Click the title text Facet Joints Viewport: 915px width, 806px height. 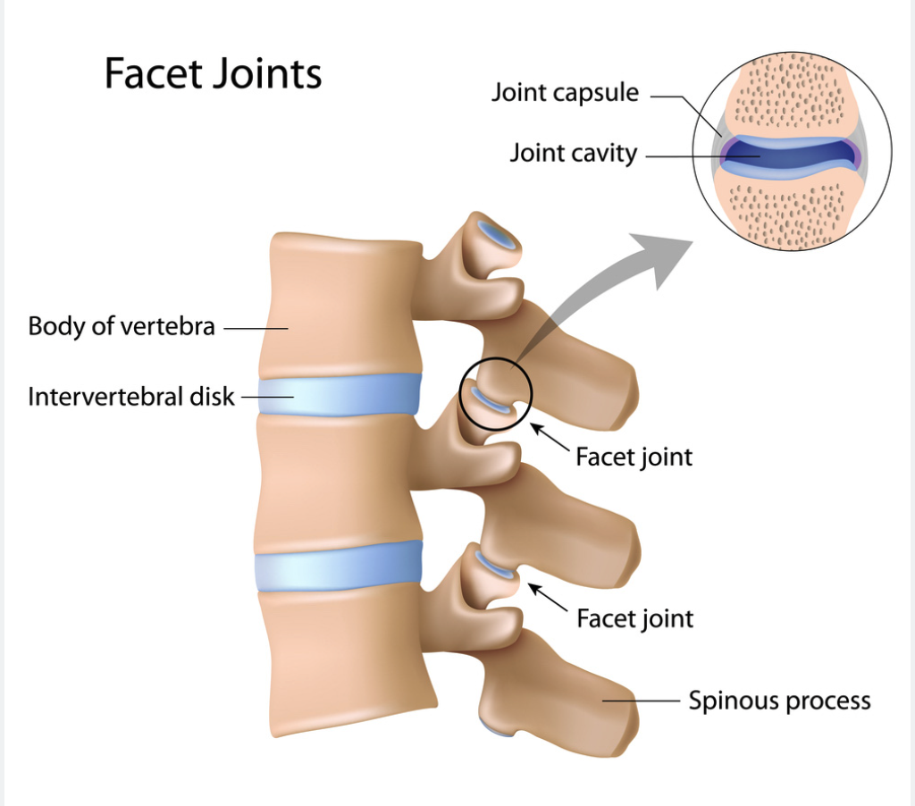point(213,73)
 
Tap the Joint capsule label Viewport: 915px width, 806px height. point(565,92)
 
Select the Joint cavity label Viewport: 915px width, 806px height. point(573,153)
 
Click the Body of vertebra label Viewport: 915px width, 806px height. point(122,326)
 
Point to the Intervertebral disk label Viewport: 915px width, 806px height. point(131,396)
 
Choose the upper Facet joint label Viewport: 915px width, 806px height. point(634,457)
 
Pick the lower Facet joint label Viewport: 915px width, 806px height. point(634,617)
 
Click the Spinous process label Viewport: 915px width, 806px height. point(779,701)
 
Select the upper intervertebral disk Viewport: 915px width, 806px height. point(339,394)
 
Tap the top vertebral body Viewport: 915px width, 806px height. point(340,304)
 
